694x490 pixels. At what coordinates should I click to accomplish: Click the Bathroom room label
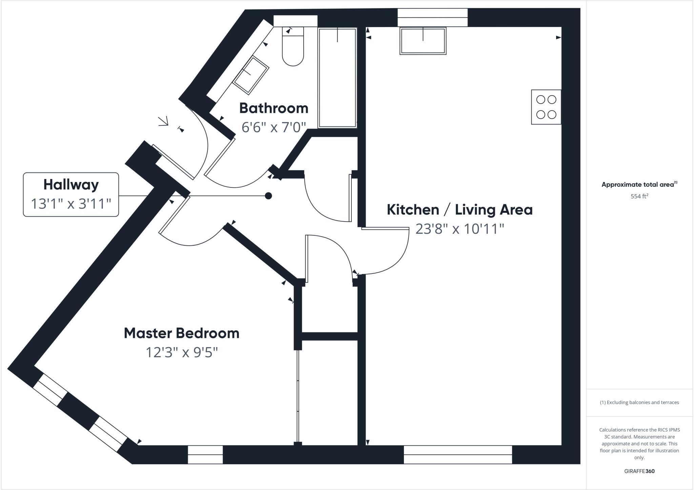(274, 108)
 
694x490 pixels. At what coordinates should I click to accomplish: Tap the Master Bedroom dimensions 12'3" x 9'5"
(182, 352)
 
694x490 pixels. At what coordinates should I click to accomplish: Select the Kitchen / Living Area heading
(460, 210)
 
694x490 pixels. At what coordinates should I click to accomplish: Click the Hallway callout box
(71, 194)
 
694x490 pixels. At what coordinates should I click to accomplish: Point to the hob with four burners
(546, 107)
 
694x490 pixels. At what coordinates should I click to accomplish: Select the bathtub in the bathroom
(338, 78)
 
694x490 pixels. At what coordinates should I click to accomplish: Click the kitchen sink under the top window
(423, 41)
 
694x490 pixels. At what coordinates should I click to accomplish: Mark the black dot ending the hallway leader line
(268, 196)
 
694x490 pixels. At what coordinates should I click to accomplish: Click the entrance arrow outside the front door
(164, 121)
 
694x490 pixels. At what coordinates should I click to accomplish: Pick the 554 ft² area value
(639, 196)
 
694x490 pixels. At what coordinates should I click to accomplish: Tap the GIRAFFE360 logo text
(639, 471)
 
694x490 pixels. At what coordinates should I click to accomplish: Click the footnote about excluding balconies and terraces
(639, 403)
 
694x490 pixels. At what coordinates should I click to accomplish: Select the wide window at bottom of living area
(457, 454)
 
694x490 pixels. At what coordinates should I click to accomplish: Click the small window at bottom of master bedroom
(205, 454)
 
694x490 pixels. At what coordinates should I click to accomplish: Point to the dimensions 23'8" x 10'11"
(460, 229)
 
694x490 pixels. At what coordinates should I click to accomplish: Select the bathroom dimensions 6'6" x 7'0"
(274, 127)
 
